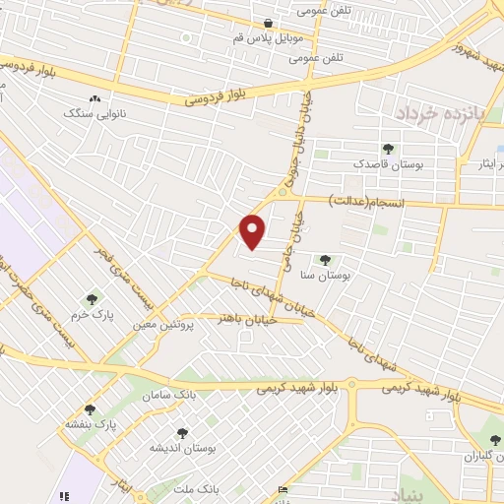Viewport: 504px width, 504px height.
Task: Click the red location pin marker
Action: pos(253,229)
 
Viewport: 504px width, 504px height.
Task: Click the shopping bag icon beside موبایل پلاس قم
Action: pos(268,24)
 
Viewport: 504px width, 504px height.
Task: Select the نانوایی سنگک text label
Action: pos(90,114)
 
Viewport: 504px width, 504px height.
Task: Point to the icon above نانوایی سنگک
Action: pos(94,99)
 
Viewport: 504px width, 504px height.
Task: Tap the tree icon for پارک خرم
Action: pos(94,298)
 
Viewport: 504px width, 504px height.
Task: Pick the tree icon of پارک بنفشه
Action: pos(91,409)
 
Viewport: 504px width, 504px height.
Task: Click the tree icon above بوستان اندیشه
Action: pos(181,432)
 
